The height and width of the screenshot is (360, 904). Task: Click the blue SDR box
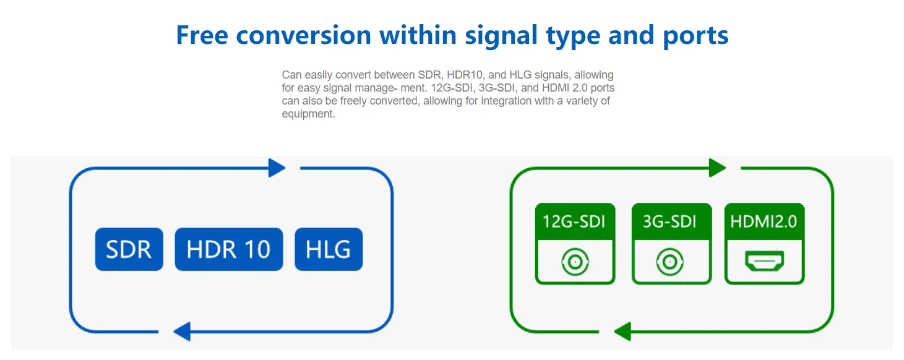point(129,249)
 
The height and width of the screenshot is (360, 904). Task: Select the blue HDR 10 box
point(229,249)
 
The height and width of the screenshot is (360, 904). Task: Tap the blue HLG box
point(329,249)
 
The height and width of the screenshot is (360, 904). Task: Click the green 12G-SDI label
point(575,221)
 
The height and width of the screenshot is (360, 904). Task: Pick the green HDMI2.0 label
point(764,221)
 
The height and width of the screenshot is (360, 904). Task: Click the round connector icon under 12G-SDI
point(575,262)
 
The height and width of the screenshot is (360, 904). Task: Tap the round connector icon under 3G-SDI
point(670,262)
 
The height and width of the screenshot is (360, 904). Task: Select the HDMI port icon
point(764,260)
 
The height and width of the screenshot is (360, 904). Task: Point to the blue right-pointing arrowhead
point(277,168)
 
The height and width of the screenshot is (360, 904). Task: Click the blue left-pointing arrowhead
point(182,332)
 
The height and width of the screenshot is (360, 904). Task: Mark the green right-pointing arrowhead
point(718,168)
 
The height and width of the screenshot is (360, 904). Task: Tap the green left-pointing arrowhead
point(622,332)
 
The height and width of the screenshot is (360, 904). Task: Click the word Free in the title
point(202,35)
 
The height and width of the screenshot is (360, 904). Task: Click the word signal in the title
point(501,36)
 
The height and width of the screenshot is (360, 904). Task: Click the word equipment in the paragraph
point(308,114)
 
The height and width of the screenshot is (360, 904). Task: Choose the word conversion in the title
point(303,35)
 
